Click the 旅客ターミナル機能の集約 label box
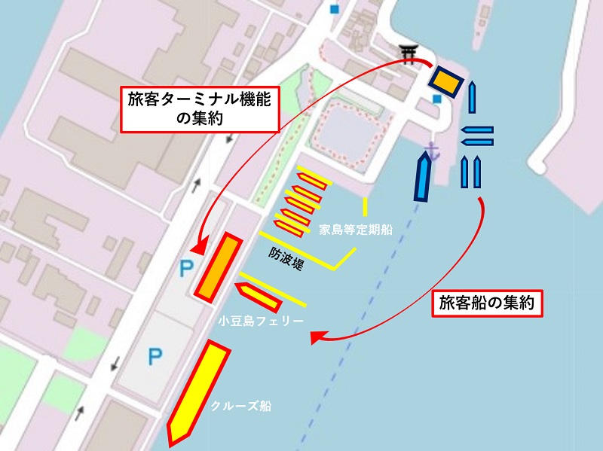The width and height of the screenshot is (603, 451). click(x=199, y=108)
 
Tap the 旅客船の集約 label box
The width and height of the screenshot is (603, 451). click(x=486, y=303)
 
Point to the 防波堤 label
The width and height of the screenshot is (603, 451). click(x=286, y=258)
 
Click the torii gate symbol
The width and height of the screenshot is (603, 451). click(x=409, y=53)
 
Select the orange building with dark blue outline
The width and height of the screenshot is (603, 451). click(x=445, y=81)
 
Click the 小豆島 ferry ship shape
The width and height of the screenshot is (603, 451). click(x=259, y=296)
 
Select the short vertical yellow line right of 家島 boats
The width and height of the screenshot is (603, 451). click(x=365, y=206)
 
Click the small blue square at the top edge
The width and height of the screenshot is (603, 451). click(x=335, y=9)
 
